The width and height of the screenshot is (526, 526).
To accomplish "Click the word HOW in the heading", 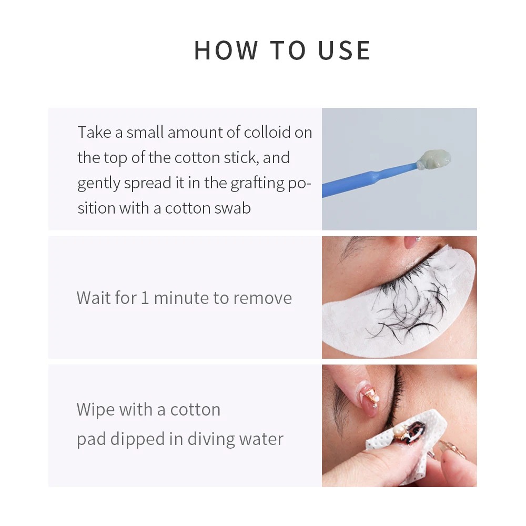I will pos(226,50).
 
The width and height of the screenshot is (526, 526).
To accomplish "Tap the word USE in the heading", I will pos(344,50).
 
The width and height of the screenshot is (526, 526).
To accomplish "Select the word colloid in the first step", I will pos(268,132).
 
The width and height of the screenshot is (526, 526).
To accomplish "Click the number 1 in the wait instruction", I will pos(145,298).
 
